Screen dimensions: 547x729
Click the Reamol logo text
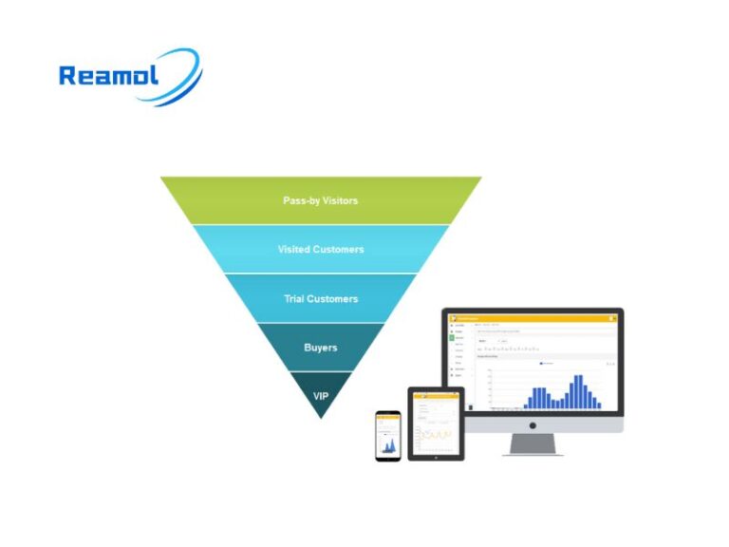110,76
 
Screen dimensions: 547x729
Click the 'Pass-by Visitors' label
321,200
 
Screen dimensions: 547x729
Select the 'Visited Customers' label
321,250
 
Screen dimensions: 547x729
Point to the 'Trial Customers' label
321,299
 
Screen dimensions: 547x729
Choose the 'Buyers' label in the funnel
321,348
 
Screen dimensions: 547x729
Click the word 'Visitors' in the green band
341,200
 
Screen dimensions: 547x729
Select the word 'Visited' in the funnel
295,250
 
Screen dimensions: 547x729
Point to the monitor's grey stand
533,443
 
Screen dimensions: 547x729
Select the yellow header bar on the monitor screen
532,318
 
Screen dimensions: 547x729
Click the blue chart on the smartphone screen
387,444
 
